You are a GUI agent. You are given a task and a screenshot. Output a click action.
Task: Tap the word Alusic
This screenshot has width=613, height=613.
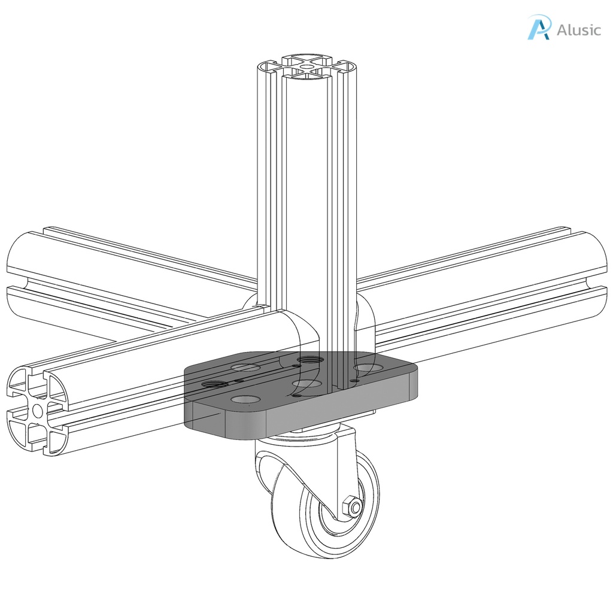click(578, 30)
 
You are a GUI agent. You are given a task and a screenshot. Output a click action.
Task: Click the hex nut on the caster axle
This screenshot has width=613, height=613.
click(352, 508)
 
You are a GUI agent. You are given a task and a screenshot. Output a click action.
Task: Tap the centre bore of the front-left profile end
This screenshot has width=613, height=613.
click(38, 409)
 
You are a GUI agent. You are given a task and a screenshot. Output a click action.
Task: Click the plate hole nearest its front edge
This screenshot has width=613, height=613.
click(245, 399)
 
